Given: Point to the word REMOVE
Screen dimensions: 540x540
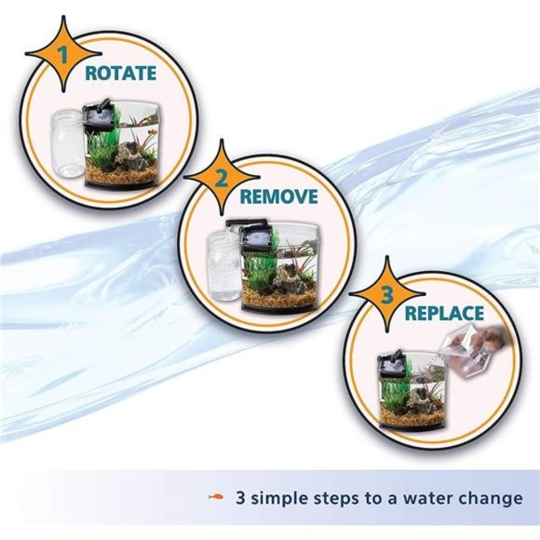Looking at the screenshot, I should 279,196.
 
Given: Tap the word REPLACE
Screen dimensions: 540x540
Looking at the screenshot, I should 444,314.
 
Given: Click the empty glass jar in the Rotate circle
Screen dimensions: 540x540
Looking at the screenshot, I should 65,144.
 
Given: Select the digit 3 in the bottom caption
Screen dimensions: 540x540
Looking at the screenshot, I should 242,498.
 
